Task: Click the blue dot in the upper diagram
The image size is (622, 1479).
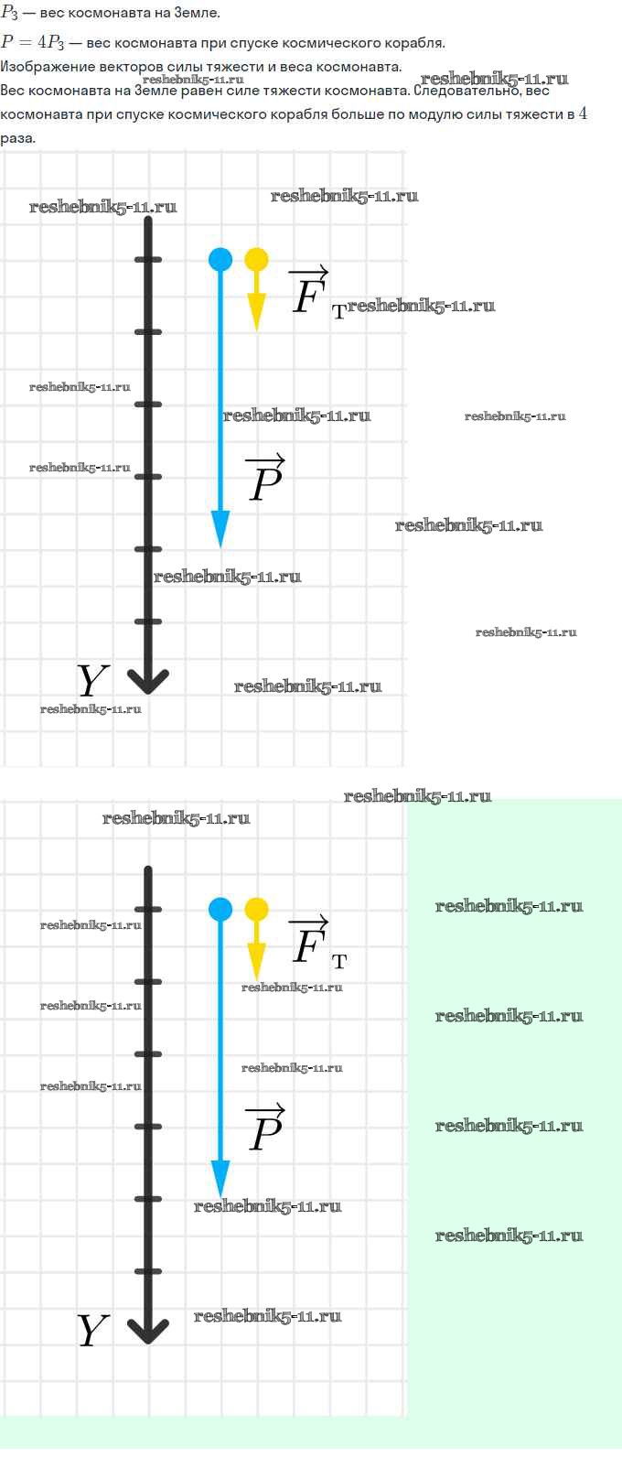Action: click(220, 260)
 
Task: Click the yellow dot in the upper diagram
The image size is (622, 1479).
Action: click(257, 260)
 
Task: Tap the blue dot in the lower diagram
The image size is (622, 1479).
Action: click(220, 909)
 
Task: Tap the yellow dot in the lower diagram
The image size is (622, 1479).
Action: click(257, 909)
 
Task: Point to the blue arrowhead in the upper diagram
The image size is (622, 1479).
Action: click(220, 529)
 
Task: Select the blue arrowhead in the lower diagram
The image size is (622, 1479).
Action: click(220, 1179)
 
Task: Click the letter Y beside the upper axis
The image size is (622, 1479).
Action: click(92, 680)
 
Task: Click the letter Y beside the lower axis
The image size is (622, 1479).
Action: click(92, 1331)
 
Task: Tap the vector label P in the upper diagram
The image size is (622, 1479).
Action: click(266, 478)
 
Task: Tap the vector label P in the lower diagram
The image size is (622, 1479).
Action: click(266, 1128)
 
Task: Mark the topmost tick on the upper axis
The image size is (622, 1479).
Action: click(148, 260)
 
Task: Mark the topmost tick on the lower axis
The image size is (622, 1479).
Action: click(148, 909)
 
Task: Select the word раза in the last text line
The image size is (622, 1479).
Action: click(17, 139)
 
